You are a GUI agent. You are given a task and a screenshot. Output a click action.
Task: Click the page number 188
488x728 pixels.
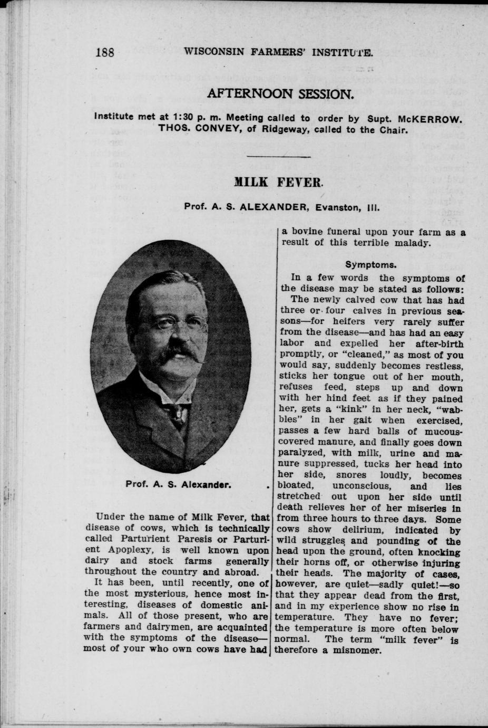pos(105,52)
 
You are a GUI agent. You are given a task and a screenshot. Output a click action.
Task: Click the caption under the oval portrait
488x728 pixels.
pos(177,485)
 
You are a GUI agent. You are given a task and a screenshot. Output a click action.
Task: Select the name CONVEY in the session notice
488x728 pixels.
pos(205,130)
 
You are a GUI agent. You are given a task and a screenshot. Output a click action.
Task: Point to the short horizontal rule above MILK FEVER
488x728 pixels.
pos(278,157)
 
